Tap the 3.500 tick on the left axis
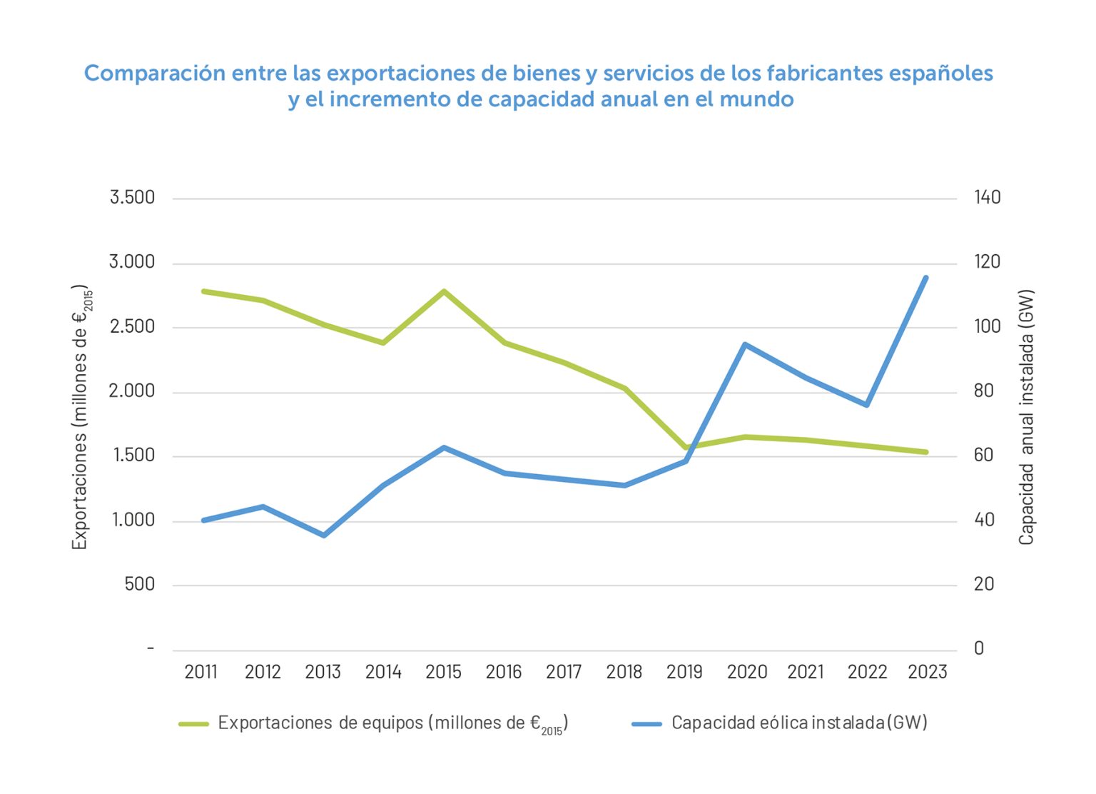click(132, 198)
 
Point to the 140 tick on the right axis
click(988, 198)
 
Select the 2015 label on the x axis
click(443, 672)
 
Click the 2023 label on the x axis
click(927, 672)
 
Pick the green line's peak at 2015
click(444, 291)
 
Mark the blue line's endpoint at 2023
click(926, 278)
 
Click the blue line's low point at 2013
click(323, 535)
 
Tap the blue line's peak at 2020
click(745, 344)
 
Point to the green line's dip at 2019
click(686, 448)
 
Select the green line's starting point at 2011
click(203, 291)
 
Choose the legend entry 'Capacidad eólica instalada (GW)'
click(799, 723)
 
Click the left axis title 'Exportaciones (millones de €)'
click(81, 418)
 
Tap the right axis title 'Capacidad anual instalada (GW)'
click(1026, 418)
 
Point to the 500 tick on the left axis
click(139, 585)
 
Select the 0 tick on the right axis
click(979, 648)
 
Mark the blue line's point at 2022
click(866, 405)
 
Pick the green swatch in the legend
click(193, 724)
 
